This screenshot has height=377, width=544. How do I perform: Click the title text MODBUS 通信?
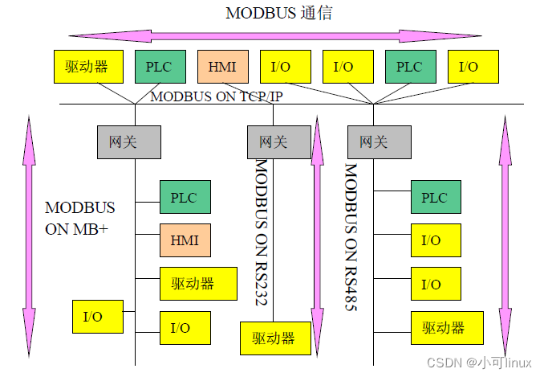point(278,13)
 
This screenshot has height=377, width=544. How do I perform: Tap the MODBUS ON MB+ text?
point(79,218)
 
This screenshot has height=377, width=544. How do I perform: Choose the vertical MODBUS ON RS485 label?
point(351,237)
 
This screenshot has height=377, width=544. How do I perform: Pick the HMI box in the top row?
point(221,67)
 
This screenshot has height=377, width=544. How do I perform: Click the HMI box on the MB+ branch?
point(185,240)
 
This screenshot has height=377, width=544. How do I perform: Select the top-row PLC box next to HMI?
point(159,67)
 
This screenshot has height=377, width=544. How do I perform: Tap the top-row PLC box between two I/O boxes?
point(409,67)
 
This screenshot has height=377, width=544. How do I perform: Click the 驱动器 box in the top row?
point(88,67)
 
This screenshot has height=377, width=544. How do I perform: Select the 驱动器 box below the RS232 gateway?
point(274,338)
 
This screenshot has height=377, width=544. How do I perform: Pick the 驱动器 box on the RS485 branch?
point(444,327)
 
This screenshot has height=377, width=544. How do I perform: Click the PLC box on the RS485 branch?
point(435,198)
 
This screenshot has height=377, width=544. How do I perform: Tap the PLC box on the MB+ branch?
point(185,197)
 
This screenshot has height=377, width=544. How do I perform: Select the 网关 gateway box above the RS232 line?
point(274,142)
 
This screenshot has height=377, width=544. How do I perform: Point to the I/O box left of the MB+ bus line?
point(98,317)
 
